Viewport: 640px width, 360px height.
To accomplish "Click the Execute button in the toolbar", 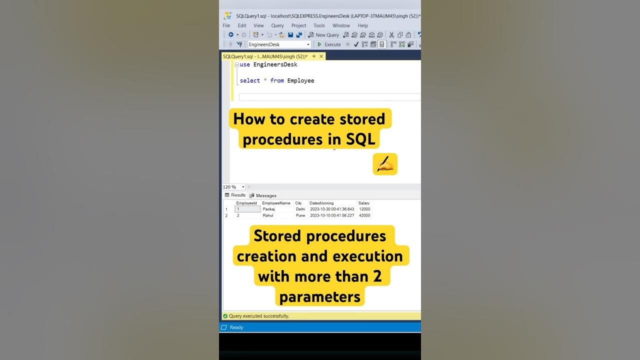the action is pyautogui.click(x=329, y=44).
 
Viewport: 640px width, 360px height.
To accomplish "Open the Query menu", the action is pyautogui.click(x=277, y=25).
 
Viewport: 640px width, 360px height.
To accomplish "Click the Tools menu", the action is pyautogui.click(x=319, y=25).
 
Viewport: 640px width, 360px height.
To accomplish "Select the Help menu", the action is pyautogui.click(x=362, y=25).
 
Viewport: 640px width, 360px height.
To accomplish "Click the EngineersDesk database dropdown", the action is pyautogui.click(x=279, y=44).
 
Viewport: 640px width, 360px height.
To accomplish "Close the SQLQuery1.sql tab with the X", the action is pyautogui.click(x=321, y=56).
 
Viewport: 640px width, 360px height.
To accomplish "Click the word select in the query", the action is pyautogui.click(x=249, y=80).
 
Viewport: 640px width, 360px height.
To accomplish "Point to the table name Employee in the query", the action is pyautogui.click(x=300, y=81).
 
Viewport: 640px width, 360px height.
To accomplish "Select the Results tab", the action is pyautogui.click(x=235, y=195).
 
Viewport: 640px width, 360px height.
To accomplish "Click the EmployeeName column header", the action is pyautogui.click(x=276, y=203).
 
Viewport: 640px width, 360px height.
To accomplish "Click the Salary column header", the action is pyautogui.click(x=363, y=203).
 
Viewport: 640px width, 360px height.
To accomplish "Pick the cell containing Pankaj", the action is pyautogui.click(x=268, y=209).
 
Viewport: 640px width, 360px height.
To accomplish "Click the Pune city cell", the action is pyautogui.click(x=300, y=215).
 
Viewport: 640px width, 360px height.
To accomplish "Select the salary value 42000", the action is pyautogui.click(x=364, y=215).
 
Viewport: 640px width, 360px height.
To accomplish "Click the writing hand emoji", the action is pyautogui.click(x=385, y=164).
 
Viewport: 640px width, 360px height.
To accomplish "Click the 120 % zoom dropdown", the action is pyautogui.click(x=233, y=187).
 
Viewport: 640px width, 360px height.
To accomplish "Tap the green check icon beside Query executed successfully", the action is pyautogui.click(x=225, y=316).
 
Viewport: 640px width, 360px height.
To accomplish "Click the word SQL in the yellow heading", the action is pyautogui.click(x=360, y=139).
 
